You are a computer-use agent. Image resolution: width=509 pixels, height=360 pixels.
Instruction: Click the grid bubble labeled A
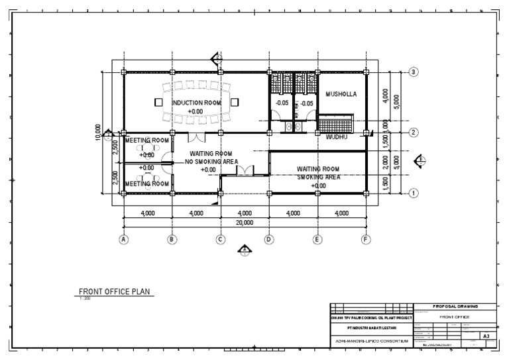[123, 239]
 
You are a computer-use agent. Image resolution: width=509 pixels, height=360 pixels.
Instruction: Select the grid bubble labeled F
[365, 239]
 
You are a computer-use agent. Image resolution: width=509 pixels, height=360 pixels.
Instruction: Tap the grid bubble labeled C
[221, 239]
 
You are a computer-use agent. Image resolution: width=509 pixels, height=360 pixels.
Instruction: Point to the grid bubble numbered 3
[414, 72]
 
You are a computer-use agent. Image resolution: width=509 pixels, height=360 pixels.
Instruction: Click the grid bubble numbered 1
[414, 194]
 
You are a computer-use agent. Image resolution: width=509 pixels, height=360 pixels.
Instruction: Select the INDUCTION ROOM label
[196, 103]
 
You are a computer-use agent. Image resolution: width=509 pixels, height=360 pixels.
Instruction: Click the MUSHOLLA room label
[341, 94]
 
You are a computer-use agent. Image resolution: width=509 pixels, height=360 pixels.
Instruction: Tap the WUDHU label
[338, 137]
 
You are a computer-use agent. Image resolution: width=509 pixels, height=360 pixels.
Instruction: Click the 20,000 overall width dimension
[245, 223]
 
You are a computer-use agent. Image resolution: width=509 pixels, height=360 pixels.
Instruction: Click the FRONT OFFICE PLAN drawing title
[116, 290]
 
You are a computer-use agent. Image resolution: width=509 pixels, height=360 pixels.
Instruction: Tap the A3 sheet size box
[486, 336]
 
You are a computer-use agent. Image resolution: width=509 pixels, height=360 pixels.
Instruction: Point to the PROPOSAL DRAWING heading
[455, 306]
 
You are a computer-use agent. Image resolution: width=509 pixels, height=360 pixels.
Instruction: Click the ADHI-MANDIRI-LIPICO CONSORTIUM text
[371, 341]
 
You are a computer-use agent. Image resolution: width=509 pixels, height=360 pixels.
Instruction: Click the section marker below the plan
[245, 250]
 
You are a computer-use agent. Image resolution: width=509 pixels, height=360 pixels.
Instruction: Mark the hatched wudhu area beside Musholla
[336, 124]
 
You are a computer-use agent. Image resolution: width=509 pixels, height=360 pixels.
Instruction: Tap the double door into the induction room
[197, 137]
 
